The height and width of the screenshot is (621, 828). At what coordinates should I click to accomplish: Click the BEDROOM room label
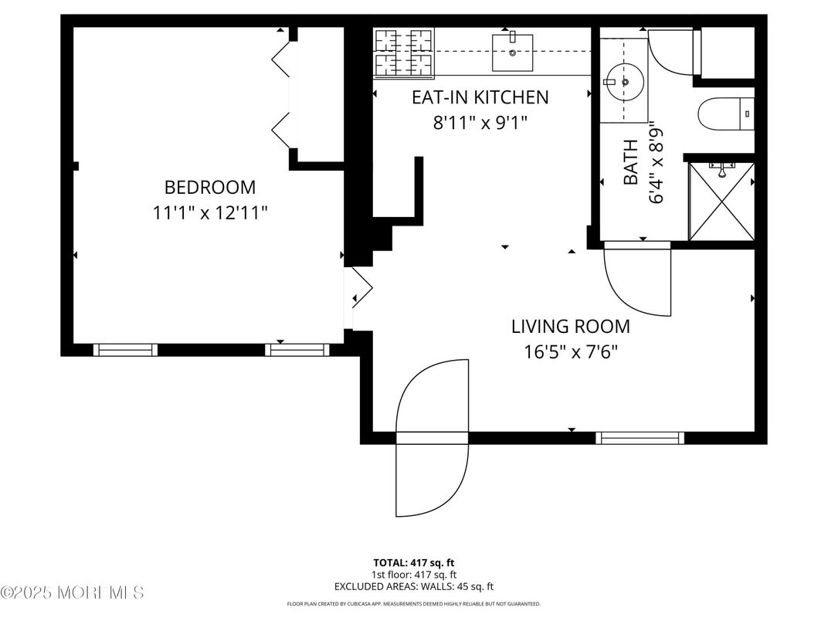pyautogui.click(x=209, y=187)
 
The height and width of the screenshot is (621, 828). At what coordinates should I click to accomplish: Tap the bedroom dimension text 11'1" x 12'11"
pyautogui.click(x=209, y=212)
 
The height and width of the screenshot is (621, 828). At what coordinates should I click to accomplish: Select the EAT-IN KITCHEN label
pyautogui.click(x=480, y=97)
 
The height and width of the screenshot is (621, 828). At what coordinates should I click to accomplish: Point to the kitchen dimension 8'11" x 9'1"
pyautogui.click(x=480, y=123)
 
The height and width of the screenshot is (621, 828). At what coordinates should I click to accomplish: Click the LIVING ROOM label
pyautogui.click(x=570, y=327)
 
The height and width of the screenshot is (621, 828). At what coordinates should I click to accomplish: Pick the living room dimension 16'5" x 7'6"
pyautogui.click(x=570, y=352)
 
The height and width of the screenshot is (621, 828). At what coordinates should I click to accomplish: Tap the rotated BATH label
pyautogui.click(x=631, y=162)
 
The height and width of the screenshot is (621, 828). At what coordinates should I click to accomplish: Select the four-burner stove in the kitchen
pyautogui.click(x=403, y=52)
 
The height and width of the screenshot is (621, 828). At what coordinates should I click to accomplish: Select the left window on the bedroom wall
pyautogui.click(x=125, y=350)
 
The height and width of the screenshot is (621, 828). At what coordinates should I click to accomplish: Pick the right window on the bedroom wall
pyautogui.click(x=297, y=350)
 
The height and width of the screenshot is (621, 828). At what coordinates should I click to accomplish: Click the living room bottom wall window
pyautogui.click(x=640, y=438)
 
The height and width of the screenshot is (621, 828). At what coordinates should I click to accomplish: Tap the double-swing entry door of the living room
pyautogui.click(x=432, y=437)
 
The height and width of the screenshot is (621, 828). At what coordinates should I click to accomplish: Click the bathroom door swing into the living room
pyautogui.click(x=636, y=280)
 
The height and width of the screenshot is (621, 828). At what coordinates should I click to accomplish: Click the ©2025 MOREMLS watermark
pyautogui.click(x=72, y=593)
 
